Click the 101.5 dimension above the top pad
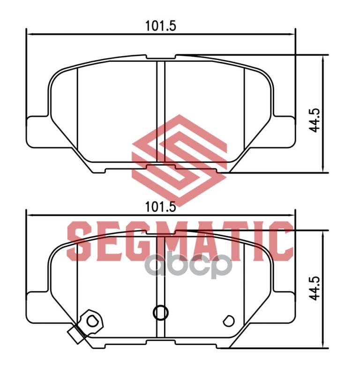(160, 26)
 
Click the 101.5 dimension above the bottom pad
(160, 207)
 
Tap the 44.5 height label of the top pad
(314, 120)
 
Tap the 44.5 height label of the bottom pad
(314, 288)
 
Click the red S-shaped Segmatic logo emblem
(179, 160)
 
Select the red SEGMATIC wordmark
(180, 241)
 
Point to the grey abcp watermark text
(189, 265)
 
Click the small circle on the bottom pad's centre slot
(160, 312)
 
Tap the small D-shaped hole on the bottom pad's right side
(228, 321)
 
